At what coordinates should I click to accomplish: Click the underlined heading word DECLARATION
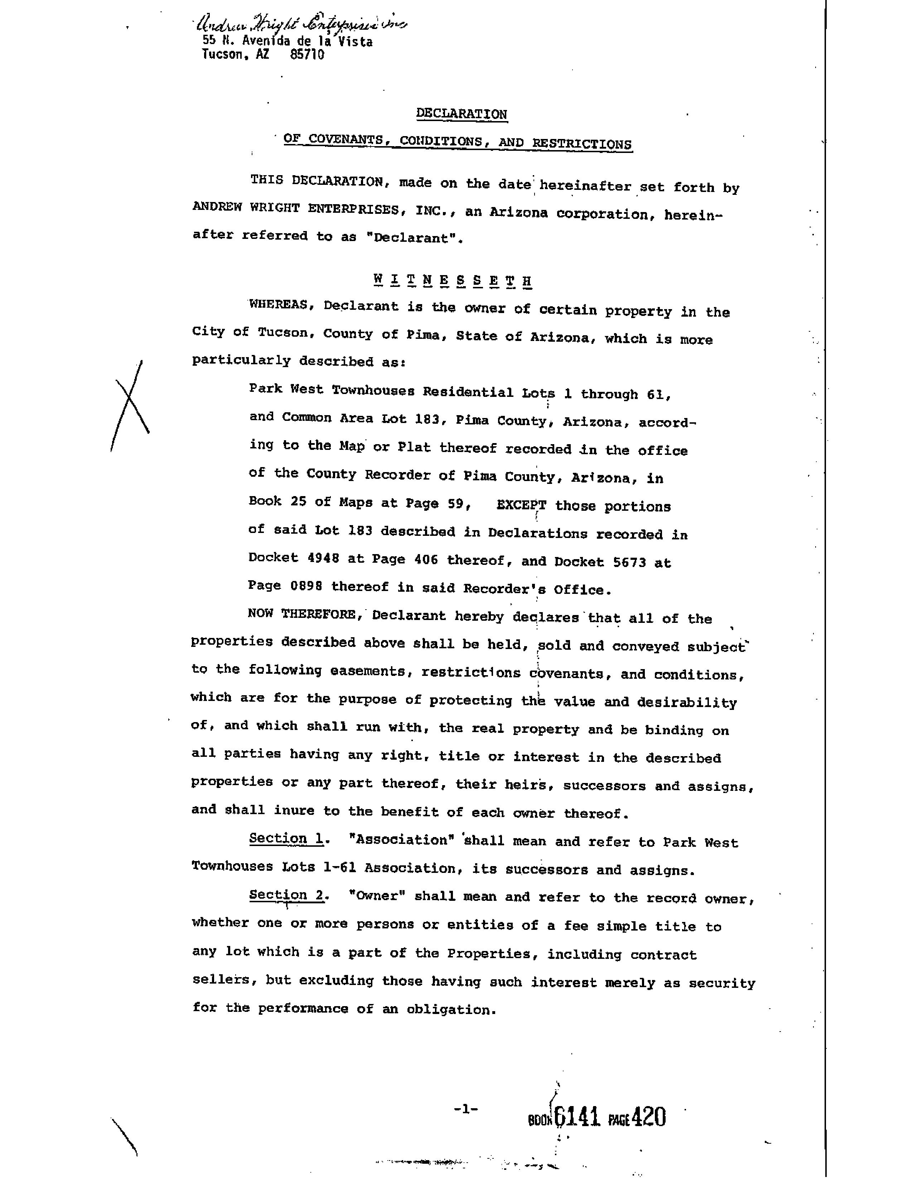[x=462, y=114]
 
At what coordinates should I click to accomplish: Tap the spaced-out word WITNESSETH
[x=452, y=280]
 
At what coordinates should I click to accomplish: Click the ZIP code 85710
[x=307, y=55]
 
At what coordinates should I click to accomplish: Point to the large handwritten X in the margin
[x=130, y=406]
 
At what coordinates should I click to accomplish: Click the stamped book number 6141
[x=577, y=1116]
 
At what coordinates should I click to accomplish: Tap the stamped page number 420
[x=648, y=1116]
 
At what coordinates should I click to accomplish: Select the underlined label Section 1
[x=286, y=839]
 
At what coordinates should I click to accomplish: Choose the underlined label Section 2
[x=286, y=895]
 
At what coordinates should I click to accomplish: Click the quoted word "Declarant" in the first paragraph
[x=411, y=238]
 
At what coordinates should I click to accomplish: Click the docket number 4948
[x=323, y=558]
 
